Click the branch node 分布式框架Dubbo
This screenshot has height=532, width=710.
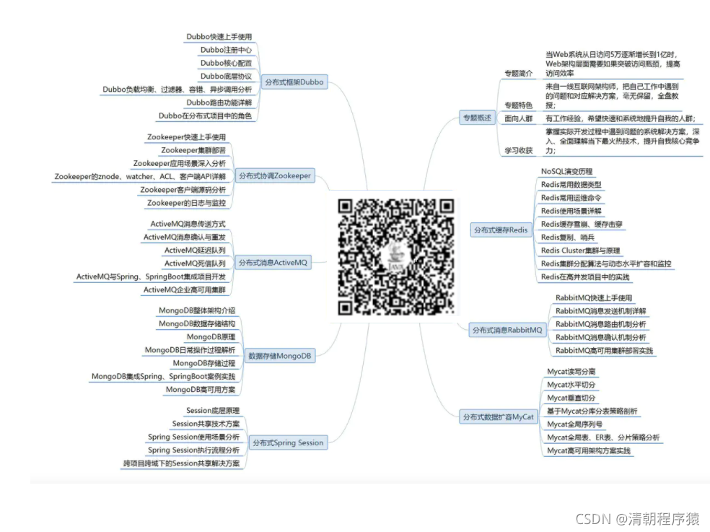pos(293,82)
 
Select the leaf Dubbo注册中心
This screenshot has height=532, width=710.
pos(226,50)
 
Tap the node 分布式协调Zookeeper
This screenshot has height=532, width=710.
pos(275,175)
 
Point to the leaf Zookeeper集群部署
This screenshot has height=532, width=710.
pos(193,150)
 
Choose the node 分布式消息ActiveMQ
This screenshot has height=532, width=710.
pos(273,263)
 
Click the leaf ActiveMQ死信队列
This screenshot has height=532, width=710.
pos(195,263)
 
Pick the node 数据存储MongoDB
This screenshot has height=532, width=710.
pos(280,356)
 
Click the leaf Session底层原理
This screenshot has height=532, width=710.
pos(213,411)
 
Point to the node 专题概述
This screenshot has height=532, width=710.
pos(475,118)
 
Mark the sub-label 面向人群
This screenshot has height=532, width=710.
pos(518,118)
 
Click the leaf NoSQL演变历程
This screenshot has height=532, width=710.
pos(566,172)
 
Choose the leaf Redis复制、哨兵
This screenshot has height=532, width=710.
pos(568,237)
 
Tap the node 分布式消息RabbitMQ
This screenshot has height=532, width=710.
pos(507,330)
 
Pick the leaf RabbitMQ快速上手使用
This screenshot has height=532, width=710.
pos(594,298)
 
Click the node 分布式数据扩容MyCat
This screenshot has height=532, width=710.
pos(498,417)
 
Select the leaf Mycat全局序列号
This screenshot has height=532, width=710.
pos(574,424)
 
